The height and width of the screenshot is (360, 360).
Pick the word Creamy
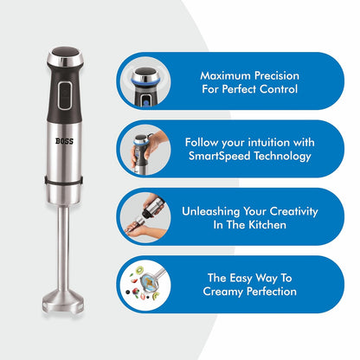pos(224,292)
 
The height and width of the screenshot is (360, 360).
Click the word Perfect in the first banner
pos(228,89)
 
